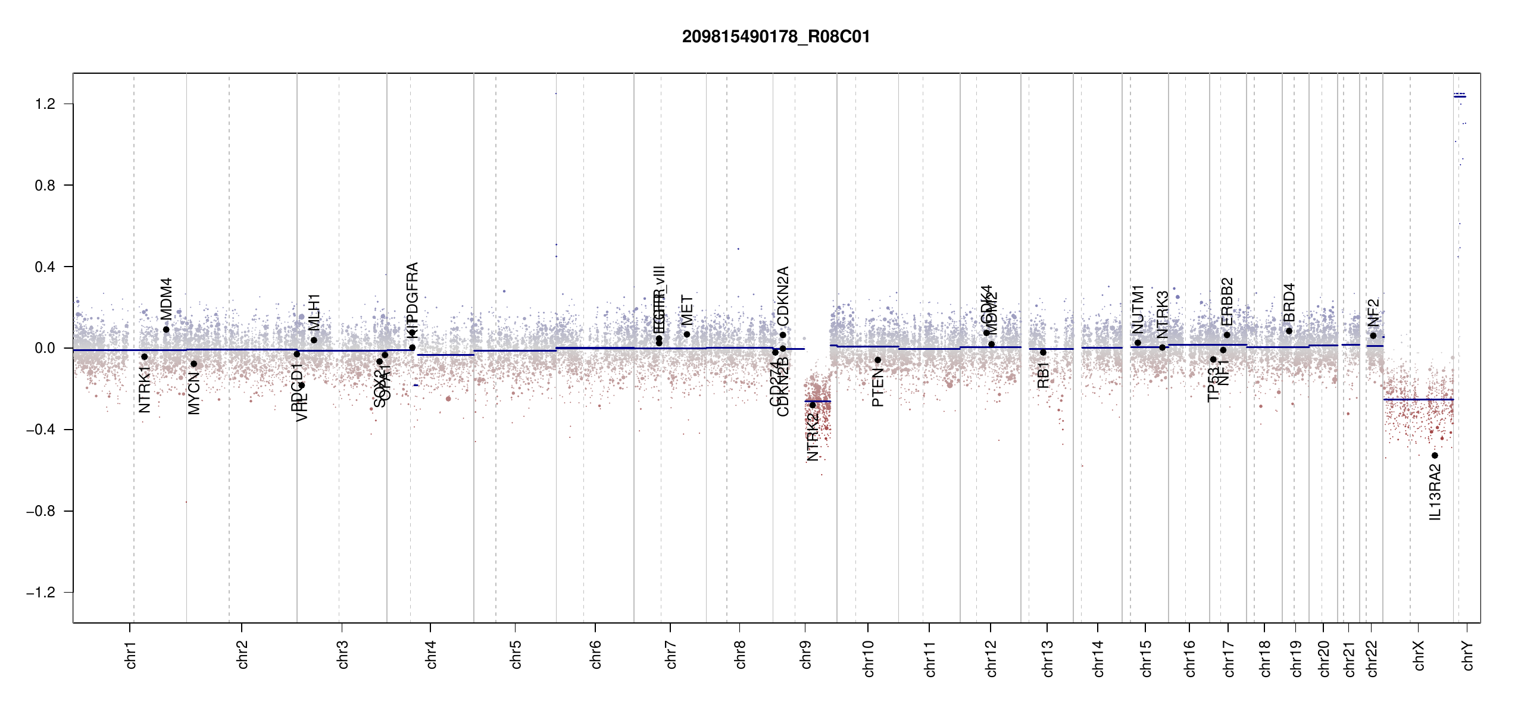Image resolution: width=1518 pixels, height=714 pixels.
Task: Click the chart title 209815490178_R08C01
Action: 776,37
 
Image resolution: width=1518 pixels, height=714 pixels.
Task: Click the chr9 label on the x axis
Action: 805,654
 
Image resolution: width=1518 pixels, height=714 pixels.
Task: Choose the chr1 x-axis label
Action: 131,654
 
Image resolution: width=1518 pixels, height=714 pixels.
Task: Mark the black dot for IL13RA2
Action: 1435,456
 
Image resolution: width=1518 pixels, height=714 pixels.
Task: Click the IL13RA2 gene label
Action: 1435,493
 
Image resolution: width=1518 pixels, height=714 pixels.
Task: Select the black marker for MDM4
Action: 166,330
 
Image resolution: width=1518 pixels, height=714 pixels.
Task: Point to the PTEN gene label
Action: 877,387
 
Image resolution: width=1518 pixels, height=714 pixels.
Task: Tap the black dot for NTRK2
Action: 813,405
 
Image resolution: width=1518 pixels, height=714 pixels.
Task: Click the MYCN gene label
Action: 194,393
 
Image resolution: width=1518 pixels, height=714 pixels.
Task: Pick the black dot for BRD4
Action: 1289,331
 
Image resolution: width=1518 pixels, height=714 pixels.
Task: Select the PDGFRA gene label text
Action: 413,291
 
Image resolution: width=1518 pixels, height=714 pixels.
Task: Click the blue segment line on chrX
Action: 1419,400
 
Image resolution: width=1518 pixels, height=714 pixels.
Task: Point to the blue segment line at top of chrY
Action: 1460,96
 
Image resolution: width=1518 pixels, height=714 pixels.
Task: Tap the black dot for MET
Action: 687,334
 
